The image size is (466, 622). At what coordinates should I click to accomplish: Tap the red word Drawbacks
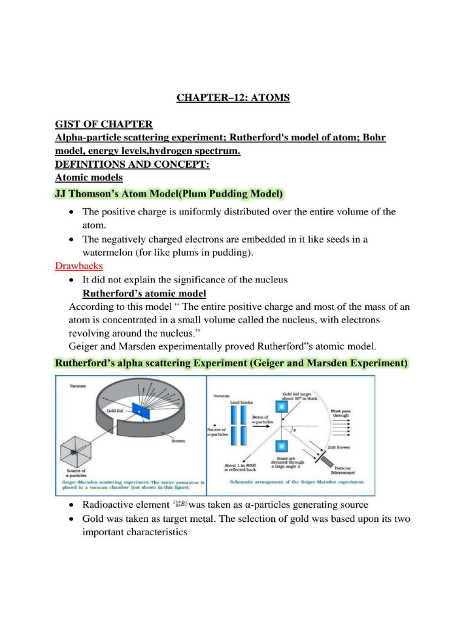[79, 266]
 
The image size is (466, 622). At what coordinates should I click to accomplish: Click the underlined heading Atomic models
[89, 178]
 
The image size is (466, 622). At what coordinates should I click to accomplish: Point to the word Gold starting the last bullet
[95, 519]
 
